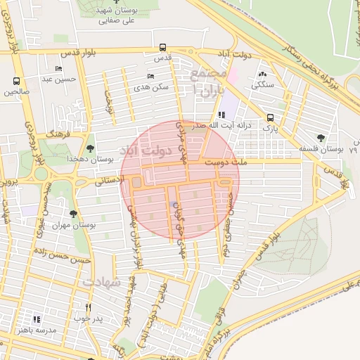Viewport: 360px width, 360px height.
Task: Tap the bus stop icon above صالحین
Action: [17, 81]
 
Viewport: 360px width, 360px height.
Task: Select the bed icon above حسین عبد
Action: [58, 68]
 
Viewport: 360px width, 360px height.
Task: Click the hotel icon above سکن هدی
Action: [150, 77]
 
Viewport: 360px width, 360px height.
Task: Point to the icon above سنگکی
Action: [263, 74]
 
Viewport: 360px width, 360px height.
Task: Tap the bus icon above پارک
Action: [271, 118]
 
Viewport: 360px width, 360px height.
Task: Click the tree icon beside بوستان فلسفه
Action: [321, 138]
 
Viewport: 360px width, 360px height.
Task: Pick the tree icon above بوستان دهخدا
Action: [90, 148]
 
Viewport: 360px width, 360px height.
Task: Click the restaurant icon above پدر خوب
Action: [88, 307]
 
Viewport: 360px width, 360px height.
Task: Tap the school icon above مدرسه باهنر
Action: [37, 319]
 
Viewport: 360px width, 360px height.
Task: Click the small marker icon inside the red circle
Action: [174, 205]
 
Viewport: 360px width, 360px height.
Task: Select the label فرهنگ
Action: [55, 133]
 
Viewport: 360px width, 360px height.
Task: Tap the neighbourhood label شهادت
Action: [103, 281]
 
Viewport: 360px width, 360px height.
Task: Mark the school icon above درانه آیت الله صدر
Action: [221, 115]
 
